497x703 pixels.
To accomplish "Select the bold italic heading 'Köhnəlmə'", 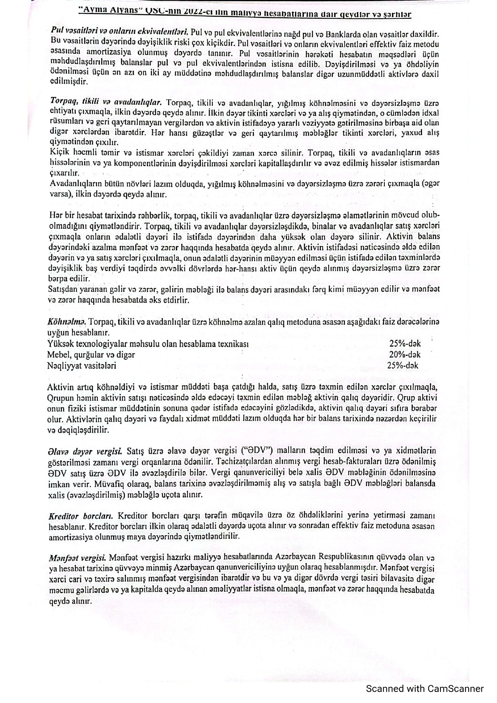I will coord(67,322).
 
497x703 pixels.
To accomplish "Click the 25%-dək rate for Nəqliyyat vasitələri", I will coord(403,365).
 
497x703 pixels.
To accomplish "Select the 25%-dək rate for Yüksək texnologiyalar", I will coord(405,343).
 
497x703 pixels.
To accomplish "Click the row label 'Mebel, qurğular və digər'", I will coord(91,355).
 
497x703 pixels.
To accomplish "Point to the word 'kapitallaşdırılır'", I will coord(285,163).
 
